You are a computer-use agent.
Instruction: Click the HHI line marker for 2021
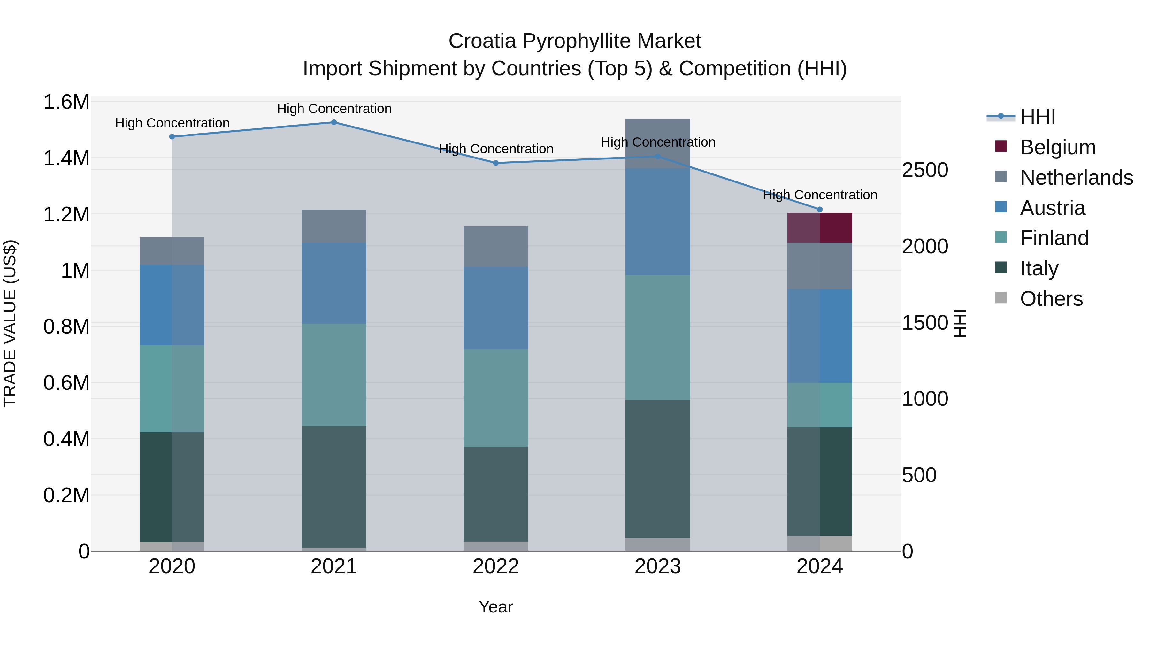click(x=333, y=122)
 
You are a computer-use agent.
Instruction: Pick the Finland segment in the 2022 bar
click(x=495, y=397)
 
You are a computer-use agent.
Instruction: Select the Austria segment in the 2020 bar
click(x=172, y=304)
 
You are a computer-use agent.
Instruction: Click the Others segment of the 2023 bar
click(x=658, y=544)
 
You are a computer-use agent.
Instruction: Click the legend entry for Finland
click(x=1054, y=238)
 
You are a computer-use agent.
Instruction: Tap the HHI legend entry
click(x=1038, y=117)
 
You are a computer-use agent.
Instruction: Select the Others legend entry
click(x=1051, y=299)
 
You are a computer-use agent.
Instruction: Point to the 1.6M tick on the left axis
click(x=66, y=102)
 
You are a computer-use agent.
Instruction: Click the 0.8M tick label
click(x=66, y=327)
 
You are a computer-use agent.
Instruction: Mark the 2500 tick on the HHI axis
click(x=925, y=170)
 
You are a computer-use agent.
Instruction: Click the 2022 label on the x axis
click(x=495, y=566)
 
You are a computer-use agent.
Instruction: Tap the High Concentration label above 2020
click(x=172, y=123)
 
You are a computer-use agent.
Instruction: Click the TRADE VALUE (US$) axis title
click(x=10, y=323)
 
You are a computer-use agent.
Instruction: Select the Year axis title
click(x=495, y=607)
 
